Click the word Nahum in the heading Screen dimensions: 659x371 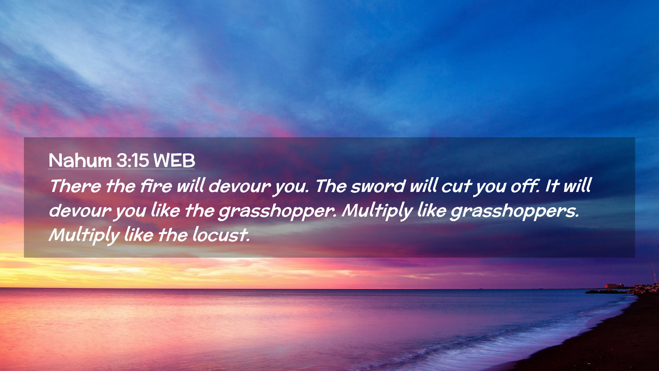(80, 160)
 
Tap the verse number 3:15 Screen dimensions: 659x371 (132, 160)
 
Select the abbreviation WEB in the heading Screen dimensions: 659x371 (174, 160)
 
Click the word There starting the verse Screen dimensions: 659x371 (76, 186)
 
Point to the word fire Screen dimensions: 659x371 (156, 186)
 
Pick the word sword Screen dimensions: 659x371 (378, 186)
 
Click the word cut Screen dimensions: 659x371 (456, 187)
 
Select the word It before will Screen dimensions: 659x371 (552, 186)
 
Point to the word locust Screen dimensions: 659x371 (221, 235)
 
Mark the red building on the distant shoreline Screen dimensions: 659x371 (611, 286)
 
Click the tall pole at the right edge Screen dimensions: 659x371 (654, 273)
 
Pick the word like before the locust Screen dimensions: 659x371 (139, 235)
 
